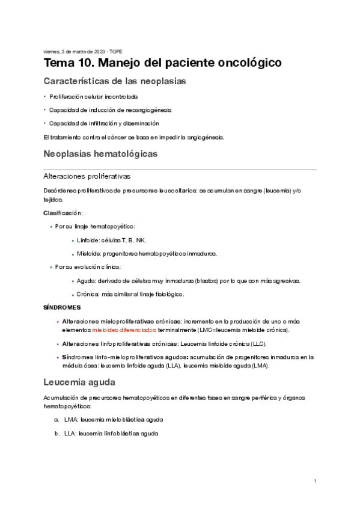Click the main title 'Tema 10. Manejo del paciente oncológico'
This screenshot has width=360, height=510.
pos(162,63)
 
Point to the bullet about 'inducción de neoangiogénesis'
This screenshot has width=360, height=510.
pos(110,110)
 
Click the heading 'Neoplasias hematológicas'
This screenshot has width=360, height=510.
pos(100,154)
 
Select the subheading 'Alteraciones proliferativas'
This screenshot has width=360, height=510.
pos(87,177)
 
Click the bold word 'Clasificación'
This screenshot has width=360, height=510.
pos(63,213)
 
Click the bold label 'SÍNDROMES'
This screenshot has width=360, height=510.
pos(62,307)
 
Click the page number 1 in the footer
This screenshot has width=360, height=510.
pos(315,481)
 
